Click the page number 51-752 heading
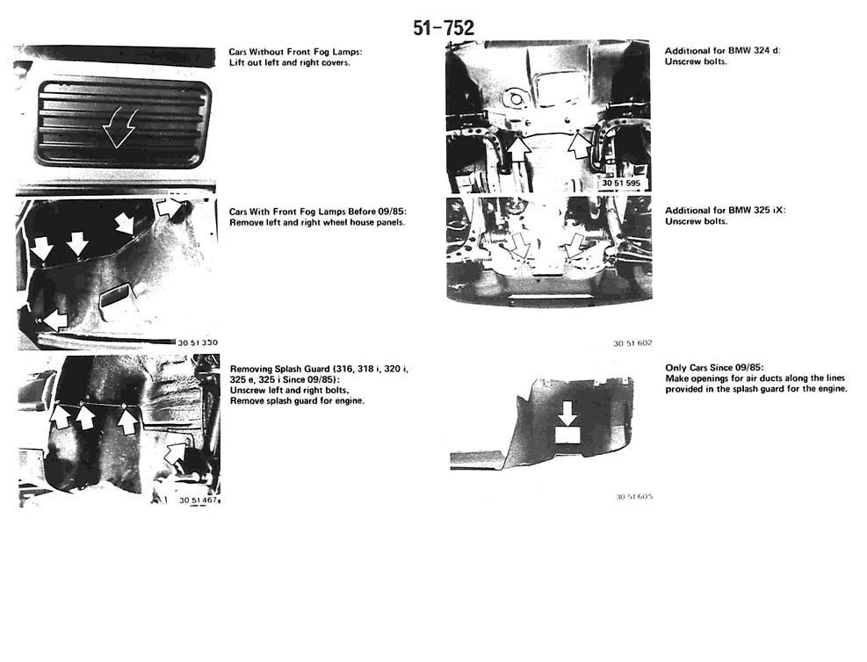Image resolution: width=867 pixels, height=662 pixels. [444, 28]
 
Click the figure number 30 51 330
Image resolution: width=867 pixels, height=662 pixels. [198, 342]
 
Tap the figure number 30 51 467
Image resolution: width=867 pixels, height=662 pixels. [198, 500]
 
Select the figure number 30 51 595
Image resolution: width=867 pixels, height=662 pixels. [621, 183]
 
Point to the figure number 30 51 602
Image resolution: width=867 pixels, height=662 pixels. [632, 343]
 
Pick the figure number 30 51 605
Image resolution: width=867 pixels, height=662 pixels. [633, 497]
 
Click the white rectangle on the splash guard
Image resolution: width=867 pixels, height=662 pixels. [567, 435]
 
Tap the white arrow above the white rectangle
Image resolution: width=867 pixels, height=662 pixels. [567, 413]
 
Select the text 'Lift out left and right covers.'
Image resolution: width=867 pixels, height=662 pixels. [290, 62]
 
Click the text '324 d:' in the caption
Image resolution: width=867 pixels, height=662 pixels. [767, 50]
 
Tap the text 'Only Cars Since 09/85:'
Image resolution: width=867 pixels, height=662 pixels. [714, 368]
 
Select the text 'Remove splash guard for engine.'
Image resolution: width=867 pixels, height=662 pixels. [298, 400]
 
